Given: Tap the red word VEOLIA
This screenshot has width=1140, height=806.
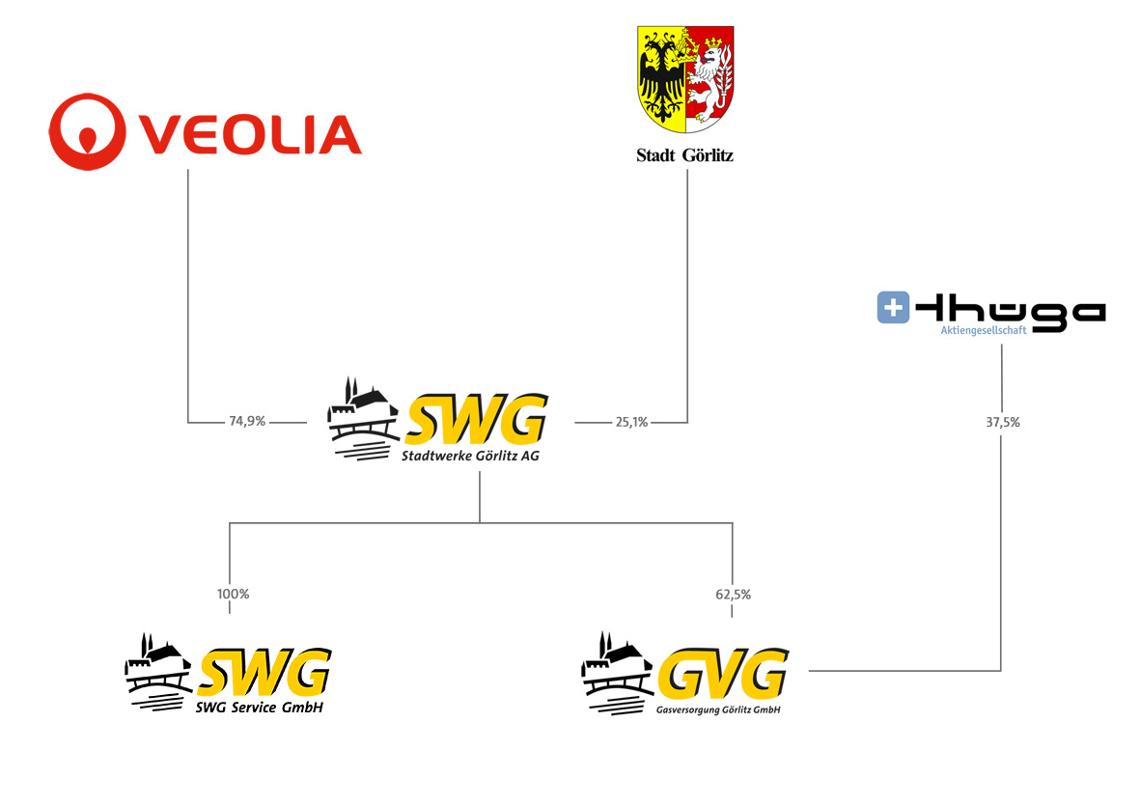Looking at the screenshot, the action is [x=250, y=134].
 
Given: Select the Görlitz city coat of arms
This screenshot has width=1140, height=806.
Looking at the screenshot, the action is [x=685, y=79].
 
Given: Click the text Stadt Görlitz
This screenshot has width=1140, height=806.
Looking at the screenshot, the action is [x=685, y=155].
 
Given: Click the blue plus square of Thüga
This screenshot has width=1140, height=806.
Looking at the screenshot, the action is [x=894, y=307].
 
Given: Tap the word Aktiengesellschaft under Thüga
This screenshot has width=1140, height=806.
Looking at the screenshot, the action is [x=984, y=330].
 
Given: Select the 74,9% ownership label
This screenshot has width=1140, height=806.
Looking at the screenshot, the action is [x=247, y=421].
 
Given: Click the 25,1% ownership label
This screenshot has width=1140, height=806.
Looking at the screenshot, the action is [x=632, y=422].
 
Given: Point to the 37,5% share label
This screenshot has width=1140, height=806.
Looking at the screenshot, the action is [x=1003, y=422].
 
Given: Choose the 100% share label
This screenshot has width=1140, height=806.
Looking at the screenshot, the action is [x=233, y=594].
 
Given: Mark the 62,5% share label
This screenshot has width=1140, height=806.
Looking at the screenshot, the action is [x=733, y=595].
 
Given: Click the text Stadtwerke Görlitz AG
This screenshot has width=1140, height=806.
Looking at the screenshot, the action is [x=470, y=456].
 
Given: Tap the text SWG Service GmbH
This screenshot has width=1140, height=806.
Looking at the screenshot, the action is [x=259, y=708].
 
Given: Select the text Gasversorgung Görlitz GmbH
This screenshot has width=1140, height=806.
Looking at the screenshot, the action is [x=718, y=709].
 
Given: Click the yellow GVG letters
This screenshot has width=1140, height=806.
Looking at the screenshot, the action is [x=723, y=674].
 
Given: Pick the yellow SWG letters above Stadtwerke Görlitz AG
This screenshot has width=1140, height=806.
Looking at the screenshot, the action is [x=476, y=419].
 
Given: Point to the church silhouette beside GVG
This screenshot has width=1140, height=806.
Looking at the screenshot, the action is [x=617, y=674].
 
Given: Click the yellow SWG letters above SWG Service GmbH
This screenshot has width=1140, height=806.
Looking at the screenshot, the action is [x=264, y=672].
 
